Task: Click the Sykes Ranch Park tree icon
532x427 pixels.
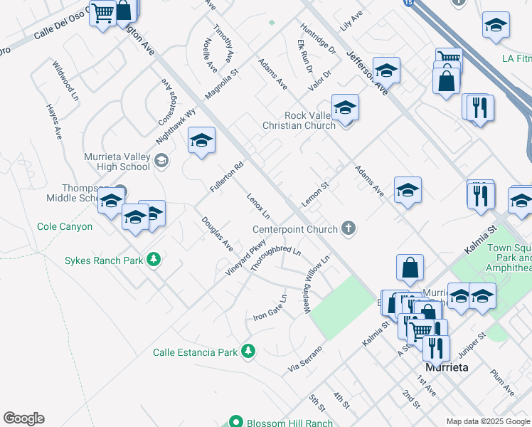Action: click(x=153, y=260)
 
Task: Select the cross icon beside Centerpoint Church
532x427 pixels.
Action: click(x=348, y=228)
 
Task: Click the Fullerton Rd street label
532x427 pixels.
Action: click(x=227, y=177)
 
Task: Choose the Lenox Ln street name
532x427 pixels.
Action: click(x=259, y=206)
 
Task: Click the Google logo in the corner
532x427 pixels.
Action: click(x=23, y=418)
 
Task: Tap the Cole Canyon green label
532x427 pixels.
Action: click(x=65, y=226)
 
